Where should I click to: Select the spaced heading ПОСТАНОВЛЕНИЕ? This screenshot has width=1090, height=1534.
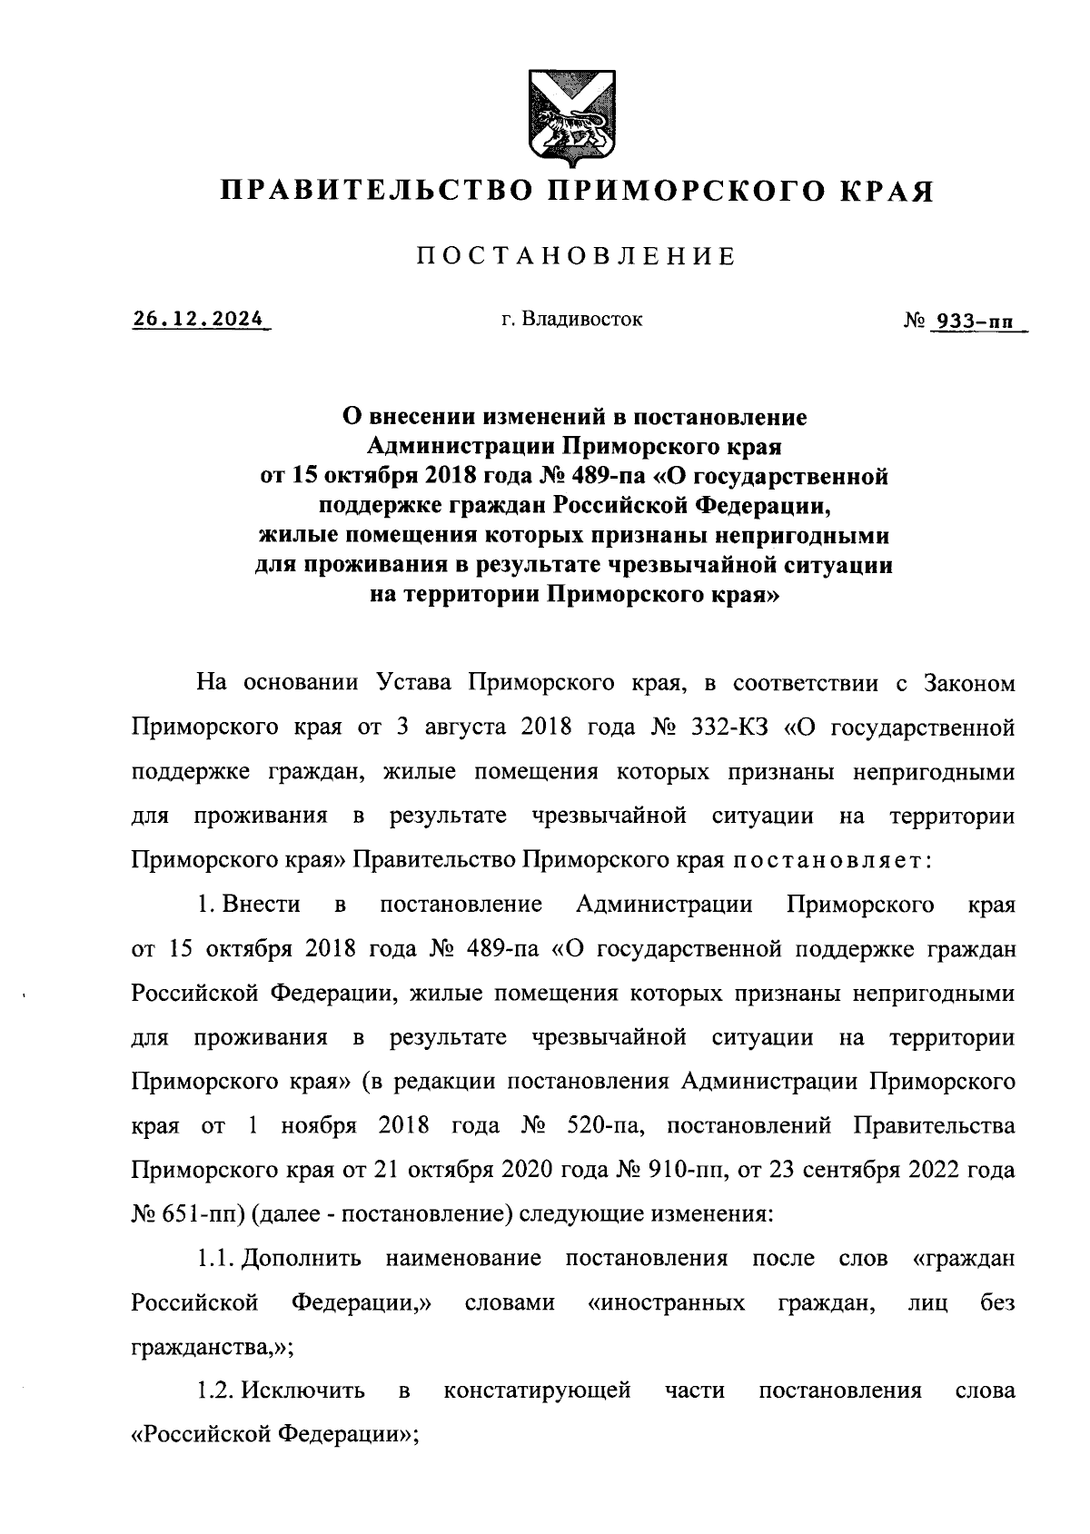click(576, 257)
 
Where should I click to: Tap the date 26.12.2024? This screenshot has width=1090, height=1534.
click(199, 320)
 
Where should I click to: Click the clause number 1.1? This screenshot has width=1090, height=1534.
click(215, 1259)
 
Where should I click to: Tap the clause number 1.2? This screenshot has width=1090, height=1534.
click(216, 1391)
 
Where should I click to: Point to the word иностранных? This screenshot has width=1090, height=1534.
click(667, 1303)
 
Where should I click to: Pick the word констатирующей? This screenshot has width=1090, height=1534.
click(537, 1391)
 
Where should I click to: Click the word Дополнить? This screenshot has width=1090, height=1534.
click(302, 1259)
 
